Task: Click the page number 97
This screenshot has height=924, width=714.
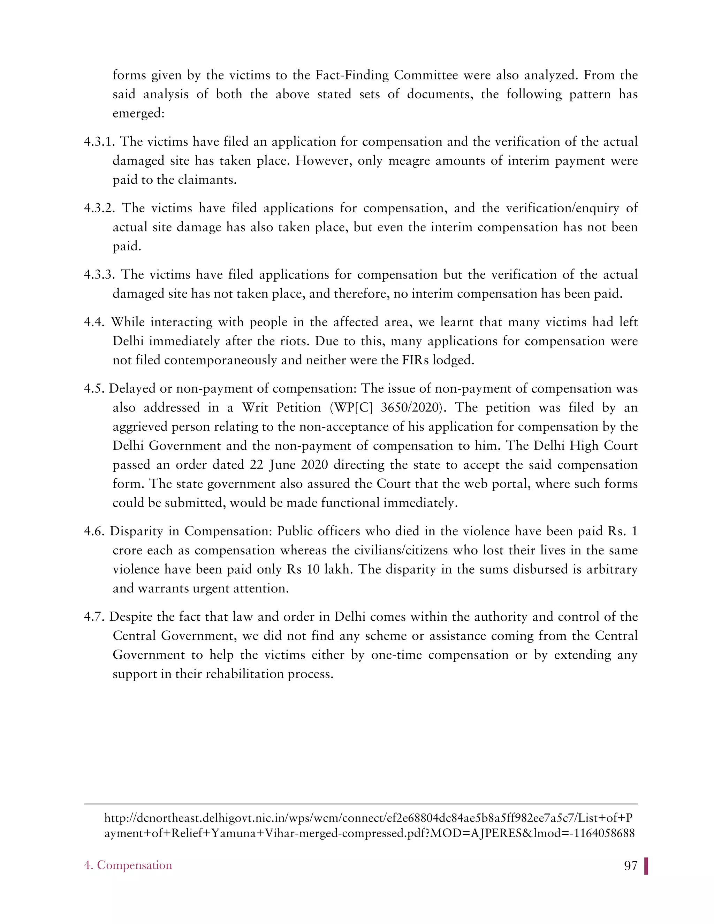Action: click(x=630, y=866)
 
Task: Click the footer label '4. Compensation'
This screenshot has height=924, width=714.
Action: click(x=128, y=865)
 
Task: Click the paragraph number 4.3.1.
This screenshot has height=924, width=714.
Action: click(x=99, y=142)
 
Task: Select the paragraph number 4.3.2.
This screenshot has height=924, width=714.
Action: click(x=100, y=208)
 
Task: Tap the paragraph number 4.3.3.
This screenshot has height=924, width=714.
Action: click(x=99, y=274)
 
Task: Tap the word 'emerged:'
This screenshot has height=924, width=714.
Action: click(x=138, y=113)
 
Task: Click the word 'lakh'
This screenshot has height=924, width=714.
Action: click(x=337, y=569)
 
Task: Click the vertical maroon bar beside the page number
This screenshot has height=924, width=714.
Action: click(x=646, y=866)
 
